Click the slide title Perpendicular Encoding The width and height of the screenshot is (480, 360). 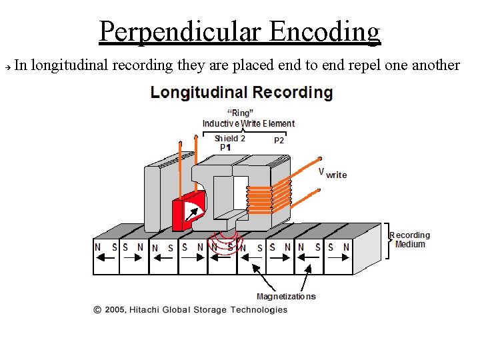pyautogui.click(x=240, y=31)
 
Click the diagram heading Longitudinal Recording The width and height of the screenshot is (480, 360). pyautogui.click(x=241, y=92)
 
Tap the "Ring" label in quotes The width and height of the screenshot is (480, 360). pyautogui.click(x=240, y=113)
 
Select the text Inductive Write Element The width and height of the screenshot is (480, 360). pyautogui.click(x=248, y=123)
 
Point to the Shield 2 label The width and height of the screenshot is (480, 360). pyautogui.click(x=230, y=139)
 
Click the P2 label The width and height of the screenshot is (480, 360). pyautogui.click(x=279, y=141)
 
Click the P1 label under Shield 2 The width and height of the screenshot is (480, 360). pyautogui.click(x=225, y=147)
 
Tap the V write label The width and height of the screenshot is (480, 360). pyautogui.click(x=332, y=173)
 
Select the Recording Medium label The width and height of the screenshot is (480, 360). pyautogui.click(x=409, y=239)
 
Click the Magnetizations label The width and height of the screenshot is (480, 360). pyautogui.click(x=286, y=296)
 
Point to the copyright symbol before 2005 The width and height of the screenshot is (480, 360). pyautogui.click(x=97, y=309)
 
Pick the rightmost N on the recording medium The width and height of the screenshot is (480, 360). pyautogui.click(x=345, y=247)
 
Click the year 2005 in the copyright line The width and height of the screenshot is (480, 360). pyautogui.click(x=115, y=309)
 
